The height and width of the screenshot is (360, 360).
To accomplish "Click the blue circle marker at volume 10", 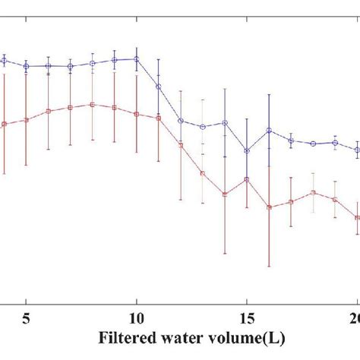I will (137, 59).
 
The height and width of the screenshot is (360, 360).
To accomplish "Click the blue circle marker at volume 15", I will (247, 151).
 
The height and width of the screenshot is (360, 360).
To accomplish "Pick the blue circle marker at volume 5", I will (27, 67).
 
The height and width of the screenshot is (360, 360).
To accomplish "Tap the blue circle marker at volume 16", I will (269, 131).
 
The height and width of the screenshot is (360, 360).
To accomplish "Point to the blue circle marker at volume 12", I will (181, 121).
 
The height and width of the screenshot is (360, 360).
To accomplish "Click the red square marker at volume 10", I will (137, 114).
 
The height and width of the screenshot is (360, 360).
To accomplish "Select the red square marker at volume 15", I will (247, 179).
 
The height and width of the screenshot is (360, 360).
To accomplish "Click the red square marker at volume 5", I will (27, 119).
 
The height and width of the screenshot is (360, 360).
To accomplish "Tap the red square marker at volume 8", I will (93, 104).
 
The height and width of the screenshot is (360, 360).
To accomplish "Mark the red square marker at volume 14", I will (225, 194).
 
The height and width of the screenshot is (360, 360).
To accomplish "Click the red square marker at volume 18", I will (313, 193).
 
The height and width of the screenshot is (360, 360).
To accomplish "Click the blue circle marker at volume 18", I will (313, 143).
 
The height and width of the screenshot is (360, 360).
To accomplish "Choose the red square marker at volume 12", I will (181, 145).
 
